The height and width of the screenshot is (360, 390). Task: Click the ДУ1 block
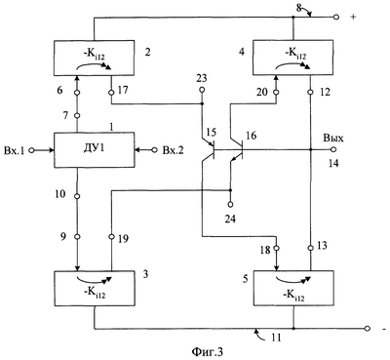[x=94, y=149]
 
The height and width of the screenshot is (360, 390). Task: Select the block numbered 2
[x=94, y=59]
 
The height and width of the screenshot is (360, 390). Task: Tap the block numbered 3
[x=94, y=289]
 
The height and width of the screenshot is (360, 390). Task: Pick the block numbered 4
[x=293, y=59]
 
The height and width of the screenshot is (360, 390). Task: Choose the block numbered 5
[x=293, y=289]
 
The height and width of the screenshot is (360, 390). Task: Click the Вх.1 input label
[x=15, y=150]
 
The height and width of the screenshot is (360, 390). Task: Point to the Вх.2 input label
[x=173, y=150]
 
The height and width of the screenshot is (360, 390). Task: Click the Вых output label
[x=332, y=139]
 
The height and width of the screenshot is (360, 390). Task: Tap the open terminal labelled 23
[x=202, y=90]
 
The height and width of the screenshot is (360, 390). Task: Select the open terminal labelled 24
[x=230, y=204]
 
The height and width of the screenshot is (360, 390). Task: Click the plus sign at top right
[x=354, y=17]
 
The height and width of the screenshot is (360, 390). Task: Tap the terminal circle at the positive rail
[x=336, y=17]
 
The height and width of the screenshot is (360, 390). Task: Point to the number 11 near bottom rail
[x=276, y=338]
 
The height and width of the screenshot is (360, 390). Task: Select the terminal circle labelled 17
[x=111, y=93]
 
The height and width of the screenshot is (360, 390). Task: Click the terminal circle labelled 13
[x=310, y=248]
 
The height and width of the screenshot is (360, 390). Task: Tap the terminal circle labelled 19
[x=111, y=236]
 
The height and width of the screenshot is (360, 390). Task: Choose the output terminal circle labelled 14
[x=332, y=149]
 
